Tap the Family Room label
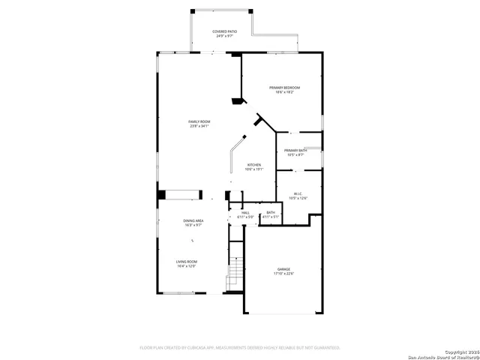tap(199, 121)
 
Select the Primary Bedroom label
tap(285, 88)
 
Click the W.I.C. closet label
tap(298, 193)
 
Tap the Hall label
tap(244, 212)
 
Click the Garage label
tap(283, 269)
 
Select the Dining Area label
tap(193, 220)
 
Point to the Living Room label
tap(186, 262)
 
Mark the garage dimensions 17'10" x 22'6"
tap(283, 274)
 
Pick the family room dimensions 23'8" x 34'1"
tap(199, 126)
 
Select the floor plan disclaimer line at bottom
tap(240, 348)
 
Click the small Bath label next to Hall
tap(270, 212)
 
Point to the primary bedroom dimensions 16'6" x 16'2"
tap(285, 92)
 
